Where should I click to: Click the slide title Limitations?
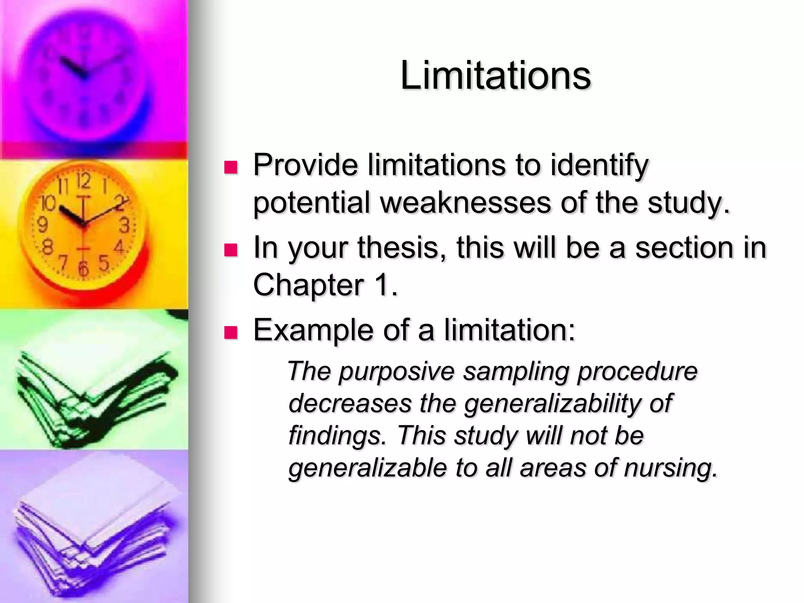[495, 75]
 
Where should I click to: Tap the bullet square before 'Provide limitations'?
[231, 167]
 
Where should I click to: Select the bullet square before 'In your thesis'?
[231, 250]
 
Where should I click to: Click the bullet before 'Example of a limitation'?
[231, 333]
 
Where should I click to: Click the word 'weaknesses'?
[466, 203]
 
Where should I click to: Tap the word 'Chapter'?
[308, 285]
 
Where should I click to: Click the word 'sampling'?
[515, 371]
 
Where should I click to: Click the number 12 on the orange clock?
[83, 181]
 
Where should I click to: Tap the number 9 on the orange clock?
[42, 225]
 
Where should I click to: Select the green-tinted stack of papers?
[94, 397]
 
